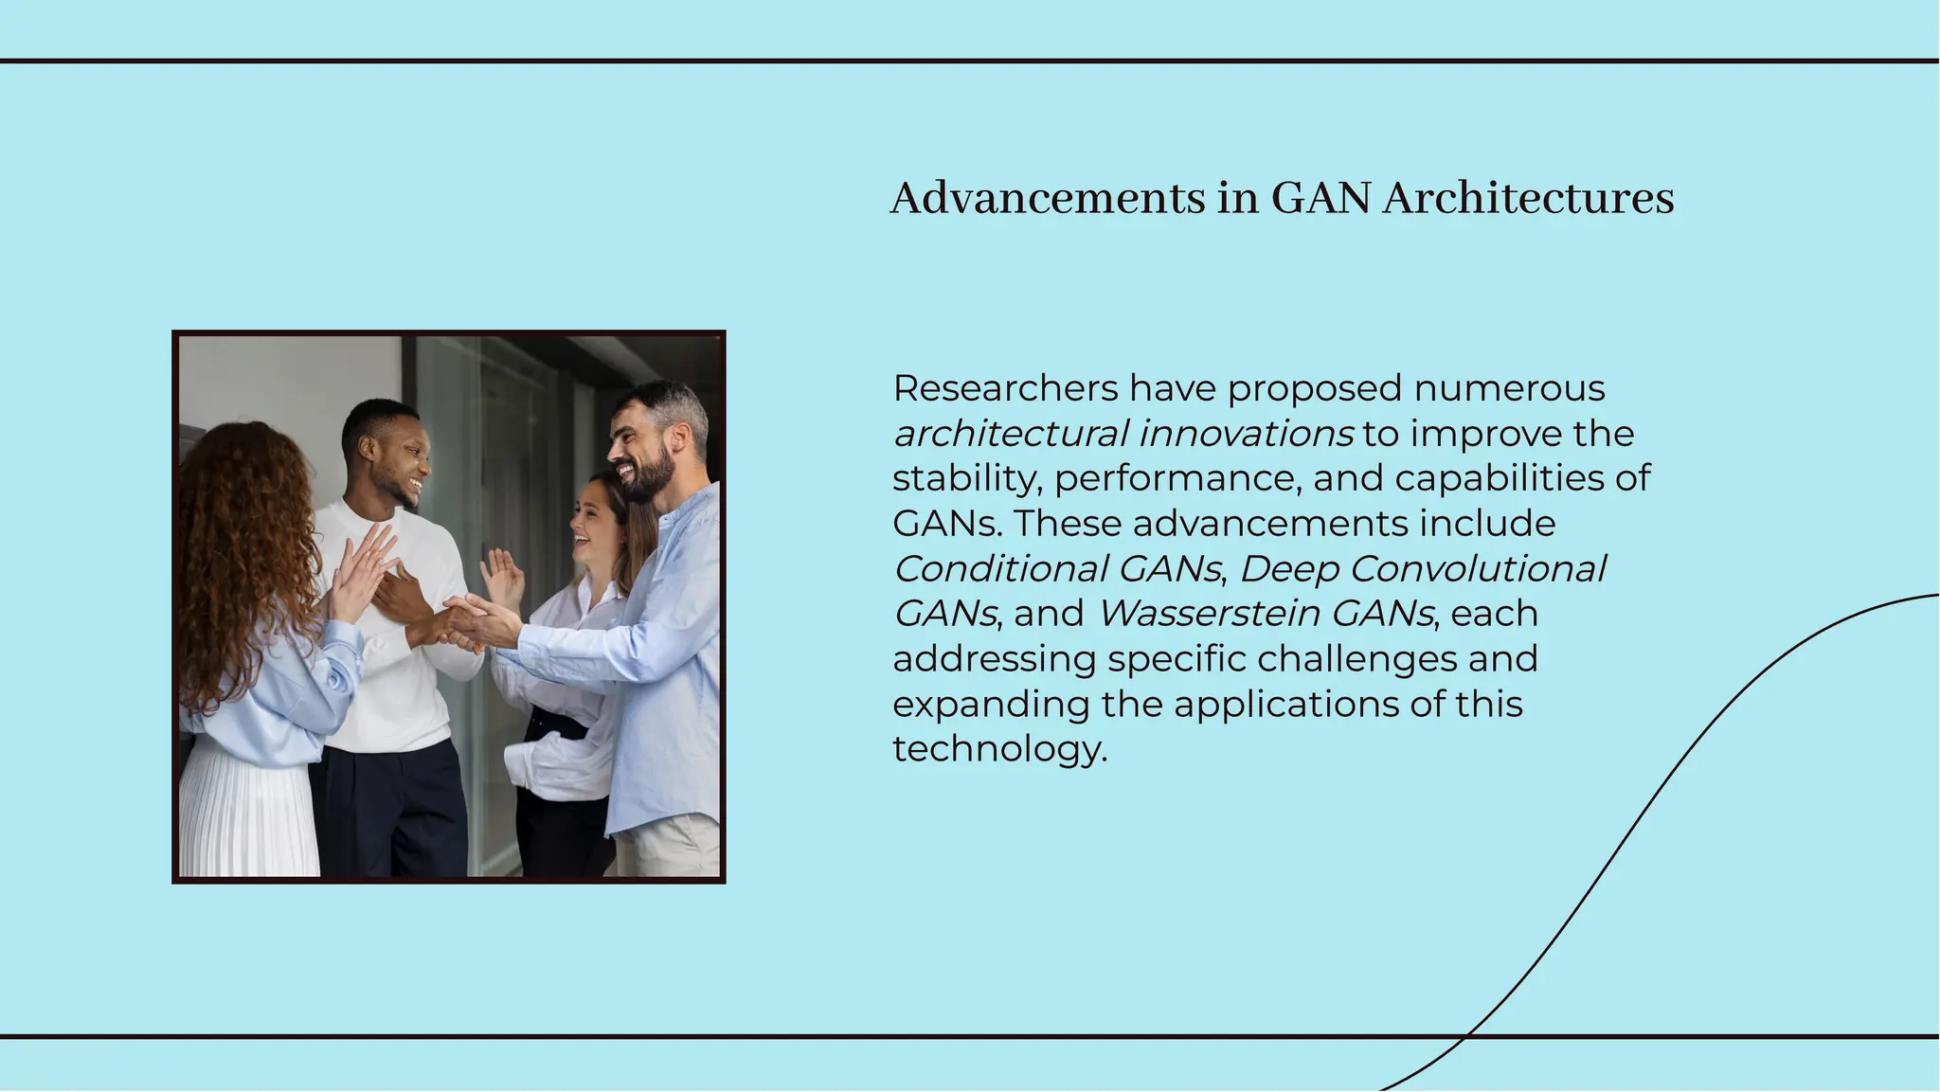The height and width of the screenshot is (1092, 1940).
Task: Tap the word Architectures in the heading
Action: [x=1528, y=199]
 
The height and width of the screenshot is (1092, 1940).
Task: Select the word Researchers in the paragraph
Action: [x=1005, y=388]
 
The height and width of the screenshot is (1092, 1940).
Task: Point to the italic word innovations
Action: [x=1246, y=434]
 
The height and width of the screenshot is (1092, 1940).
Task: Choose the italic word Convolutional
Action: [x=1477, y=569]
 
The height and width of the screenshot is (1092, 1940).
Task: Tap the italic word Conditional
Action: [x=999, y=569]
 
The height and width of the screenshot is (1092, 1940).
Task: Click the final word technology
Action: [x=998, y=749]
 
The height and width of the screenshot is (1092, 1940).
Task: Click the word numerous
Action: [x=1509, y=388]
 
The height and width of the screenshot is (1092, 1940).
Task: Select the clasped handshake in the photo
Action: [x=464, y=623]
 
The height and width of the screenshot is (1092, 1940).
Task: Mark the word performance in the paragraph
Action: [x=1172, y=478]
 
